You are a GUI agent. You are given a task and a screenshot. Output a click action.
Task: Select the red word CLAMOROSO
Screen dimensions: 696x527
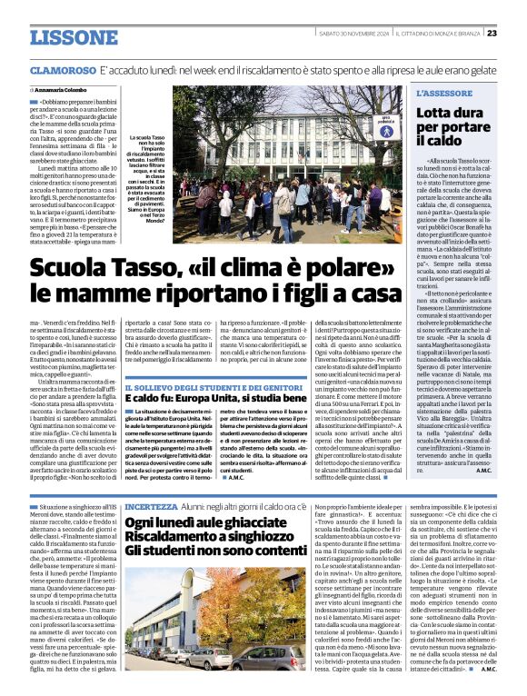pos(62,70)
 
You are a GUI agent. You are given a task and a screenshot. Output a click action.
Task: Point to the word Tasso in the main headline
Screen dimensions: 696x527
pos(131,269)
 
